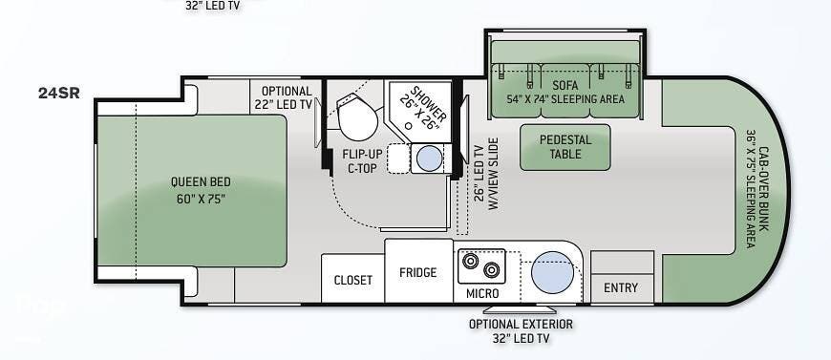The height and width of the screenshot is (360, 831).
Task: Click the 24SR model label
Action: (x=59, y=93)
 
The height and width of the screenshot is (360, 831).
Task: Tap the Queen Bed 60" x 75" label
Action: (x=201, y=190)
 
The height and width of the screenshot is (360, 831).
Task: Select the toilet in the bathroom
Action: (x=356, y=117)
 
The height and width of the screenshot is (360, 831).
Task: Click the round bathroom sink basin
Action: (x=429, y=158)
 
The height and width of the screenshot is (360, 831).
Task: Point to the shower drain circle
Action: (x=409, y=126)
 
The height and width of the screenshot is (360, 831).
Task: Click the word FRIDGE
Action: (x=418, y=272)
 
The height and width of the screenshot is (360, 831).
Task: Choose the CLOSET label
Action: (x=353, y=280)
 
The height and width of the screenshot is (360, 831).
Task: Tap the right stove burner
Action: (x=492, y=270)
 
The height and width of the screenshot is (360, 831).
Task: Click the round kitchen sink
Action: (x=552, y=272)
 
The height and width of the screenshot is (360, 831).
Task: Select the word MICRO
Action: (x=482, y=293)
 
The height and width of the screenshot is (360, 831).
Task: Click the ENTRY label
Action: (x=621, y=287)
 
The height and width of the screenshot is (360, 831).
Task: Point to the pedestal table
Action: (x=565, y=147)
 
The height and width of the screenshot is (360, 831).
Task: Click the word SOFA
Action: (x=565, y=85)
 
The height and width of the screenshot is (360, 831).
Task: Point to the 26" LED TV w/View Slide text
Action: (x=487, y=174)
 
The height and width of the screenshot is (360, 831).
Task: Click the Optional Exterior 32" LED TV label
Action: (x=521, y=331)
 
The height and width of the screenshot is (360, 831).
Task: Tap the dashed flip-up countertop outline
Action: (x=398, y=158)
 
